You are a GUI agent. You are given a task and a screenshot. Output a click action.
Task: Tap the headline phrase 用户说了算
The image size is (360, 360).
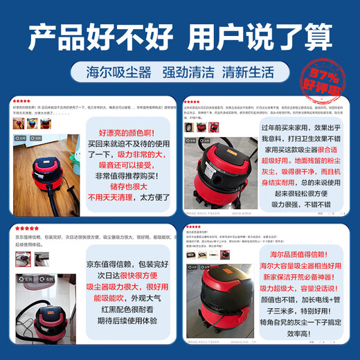262,36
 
